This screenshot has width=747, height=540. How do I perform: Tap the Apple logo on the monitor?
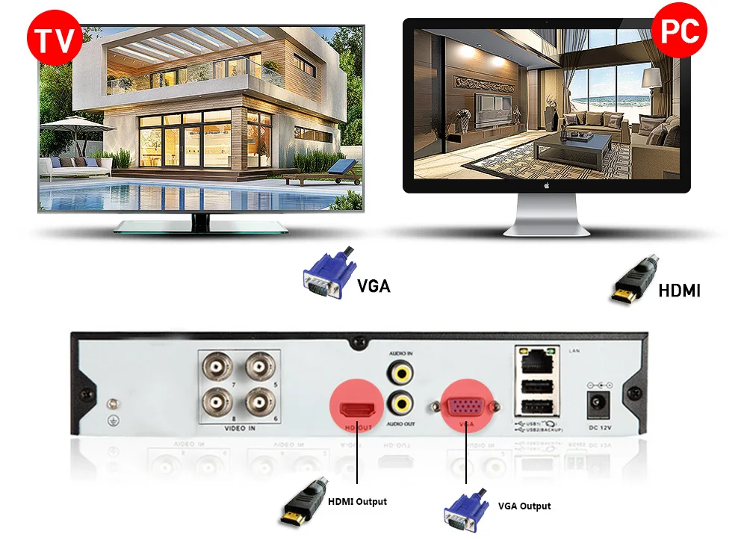[546, 184]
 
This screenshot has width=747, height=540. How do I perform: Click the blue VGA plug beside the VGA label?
[325, 274]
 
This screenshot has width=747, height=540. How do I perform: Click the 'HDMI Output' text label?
[357, 501]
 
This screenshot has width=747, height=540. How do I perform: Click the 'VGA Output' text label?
[524, 506]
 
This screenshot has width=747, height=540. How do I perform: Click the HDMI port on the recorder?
[357, 409]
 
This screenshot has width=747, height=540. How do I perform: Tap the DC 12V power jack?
[598, 403]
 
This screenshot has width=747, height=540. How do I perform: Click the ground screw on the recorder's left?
[112, 403]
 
